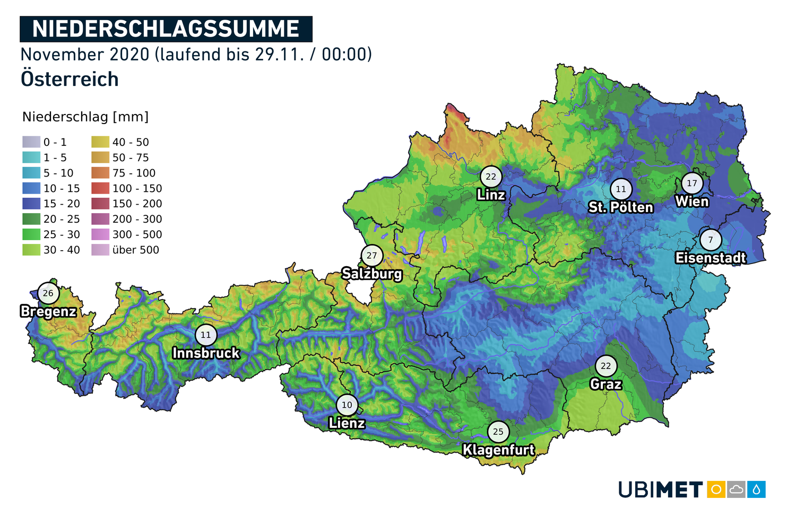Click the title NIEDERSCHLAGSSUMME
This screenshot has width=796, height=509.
166,29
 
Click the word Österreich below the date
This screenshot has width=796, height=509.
70,79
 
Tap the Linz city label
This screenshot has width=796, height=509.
491,195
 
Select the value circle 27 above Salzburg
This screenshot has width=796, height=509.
371,256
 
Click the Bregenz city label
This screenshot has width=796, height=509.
48,311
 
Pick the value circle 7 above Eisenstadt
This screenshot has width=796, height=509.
711,240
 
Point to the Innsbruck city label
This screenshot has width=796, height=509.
206,353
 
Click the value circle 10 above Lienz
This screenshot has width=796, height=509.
347,405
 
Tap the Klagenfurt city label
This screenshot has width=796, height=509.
498,450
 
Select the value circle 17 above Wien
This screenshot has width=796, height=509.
692,183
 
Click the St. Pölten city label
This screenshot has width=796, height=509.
620,207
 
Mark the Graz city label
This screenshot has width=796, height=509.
605,383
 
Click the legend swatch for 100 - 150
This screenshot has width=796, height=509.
100,188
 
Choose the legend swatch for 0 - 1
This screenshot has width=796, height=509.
31,142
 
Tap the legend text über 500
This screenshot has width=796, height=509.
136,250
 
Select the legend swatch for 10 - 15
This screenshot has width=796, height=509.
31,188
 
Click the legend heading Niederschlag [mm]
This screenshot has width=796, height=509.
85,117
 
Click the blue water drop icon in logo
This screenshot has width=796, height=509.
756,489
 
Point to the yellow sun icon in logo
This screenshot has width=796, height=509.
716,489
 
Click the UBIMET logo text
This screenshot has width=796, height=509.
661,489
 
